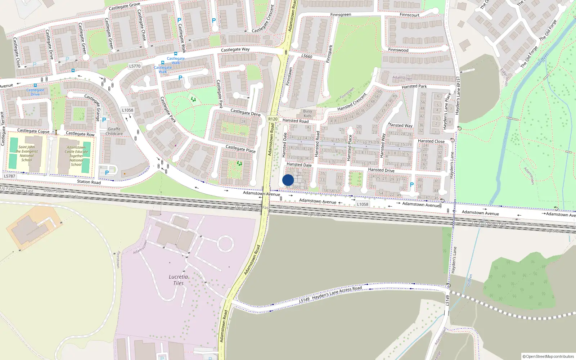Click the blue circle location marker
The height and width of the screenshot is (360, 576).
pyautogui.click(x=288, y=180)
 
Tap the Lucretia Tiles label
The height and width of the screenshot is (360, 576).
pyautogui.click(x=178, y=280)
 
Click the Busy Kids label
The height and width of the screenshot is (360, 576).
pyautogui.click(x=307, y=113)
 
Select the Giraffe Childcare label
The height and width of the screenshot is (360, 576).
pyautogui.click(x=114, y=131)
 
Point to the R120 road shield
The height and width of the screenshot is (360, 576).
pyautogui.click(x=273, y=119)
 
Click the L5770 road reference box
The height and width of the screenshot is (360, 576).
pyautogui.click(x=135, y=66)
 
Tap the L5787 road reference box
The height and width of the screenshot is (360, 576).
pyautogui.click(x=10, y=176)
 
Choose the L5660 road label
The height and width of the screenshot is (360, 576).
pyautogui.click(x=307, y=56)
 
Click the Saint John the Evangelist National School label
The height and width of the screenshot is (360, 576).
pyautogui.click(x=27, y=153)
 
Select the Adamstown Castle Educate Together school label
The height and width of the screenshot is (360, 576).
pyautogui.click(x=76, y=156)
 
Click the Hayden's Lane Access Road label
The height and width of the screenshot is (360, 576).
pyautogui.click(x=337, y=293)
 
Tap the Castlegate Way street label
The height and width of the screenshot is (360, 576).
pyautogui.click(x=235, y=49)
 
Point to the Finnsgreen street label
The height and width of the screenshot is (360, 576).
pyautogui.click(x=341, y=15)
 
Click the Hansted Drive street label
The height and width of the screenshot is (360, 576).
pyautogui.click(x=381, y=170)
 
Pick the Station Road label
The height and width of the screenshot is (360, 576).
pyautogui.click(x=89, y=182)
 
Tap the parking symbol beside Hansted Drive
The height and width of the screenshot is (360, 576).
pyautogui.click(x=412, y=184)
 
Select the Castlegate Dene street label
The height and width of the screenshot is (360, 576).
pyautogui.click(x=246, y=112)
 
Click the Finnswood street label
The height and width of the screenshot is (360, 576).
pyautogui.click(x=398, y=50)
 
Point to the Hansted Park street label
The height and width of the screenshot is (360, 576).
pyautogui.click(x=414, y=86)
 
